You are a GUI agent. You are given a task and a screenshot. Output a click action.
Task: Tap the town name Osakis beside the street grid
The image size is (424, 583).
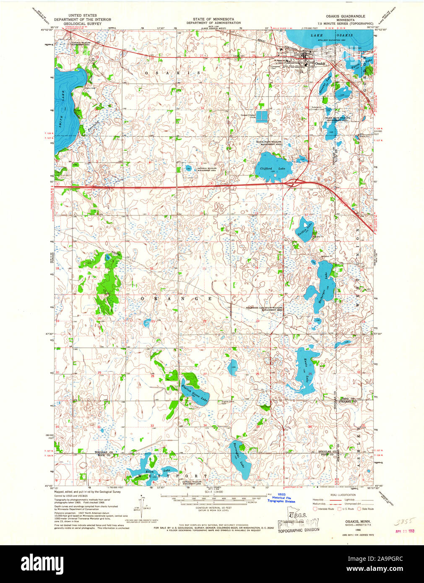[x=320, y=63]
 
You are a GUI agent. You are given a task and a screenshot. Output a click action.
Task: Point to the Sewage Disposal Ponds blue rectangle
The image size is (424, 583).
[x=262, y=116]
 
